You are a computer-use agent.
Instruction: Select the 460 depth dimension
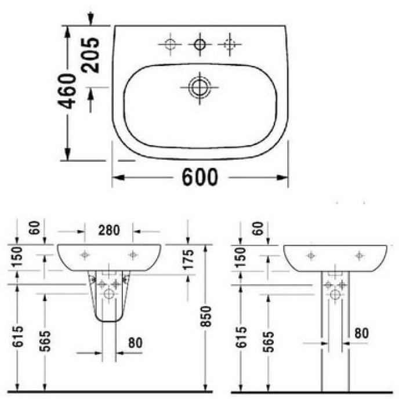click(69, 92)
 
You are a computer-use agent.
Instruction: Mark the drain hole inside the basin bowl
click(198, 88)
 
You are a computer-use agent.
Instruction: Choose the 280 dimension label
click(108, 230)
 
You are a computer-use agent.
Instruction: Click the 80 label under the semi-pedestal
click(135, 343)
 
